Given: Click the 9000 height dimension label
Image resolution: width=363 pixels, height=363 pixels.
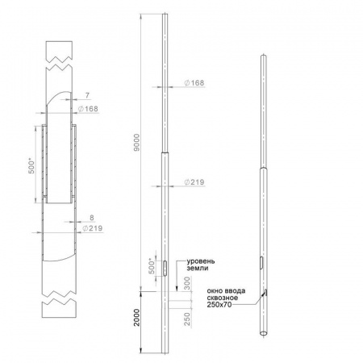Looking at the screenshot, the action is (136, 142).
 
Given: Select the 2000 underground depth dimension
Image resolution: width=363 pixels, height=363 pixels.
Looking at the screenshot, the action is (137, 318).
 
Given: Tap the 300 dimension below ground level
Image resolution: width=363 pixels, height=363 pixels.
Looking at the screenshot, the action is (187, 283).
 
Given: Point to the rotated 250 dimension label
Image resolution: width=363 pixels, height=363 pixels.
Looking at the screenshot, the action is (187, 319).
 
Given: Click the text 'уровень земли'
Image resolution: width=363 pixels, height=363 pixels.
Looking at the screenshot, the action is (201, 265).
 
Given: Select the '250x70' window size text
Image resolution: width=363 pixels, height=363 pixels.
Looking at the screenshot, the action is (219, 305).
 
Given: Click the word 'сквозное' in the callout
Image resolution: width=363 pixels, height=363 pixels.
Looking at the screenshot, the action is (222, 298).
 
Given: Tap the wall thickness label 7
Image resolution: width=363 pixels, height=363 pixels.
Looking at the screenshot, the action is (87, 95).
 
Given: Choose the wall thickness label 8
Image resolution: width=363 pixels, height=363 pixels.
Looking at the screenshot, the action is (92, 218).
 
